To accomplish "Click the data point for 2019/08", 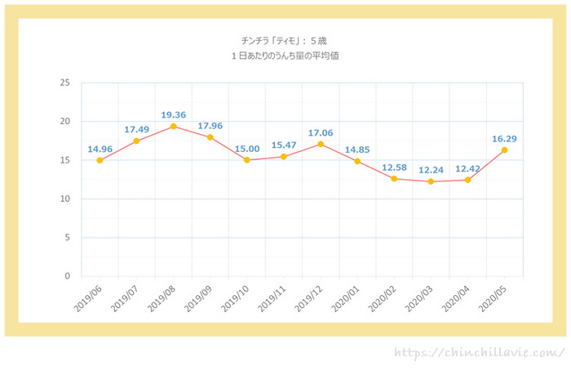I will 173,127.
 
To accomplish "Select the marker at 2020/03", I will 431,181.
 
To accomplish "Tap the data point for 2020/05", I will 504,150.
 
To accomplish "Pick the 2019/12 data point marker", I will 321,144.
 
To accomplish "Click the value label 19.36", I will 173,114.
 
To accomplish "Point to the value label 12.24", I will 431,169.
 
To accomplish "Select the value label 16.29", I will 504,138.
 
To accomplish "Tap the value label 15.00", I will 247,148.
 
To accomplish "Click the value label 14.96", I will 100,149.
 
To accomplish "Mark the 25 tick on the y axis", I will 64,83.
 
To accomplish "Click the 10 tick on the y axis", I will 64,199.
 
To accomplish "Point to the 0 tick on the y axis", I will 67,276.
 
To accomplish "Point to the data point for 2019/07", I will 136,141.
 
